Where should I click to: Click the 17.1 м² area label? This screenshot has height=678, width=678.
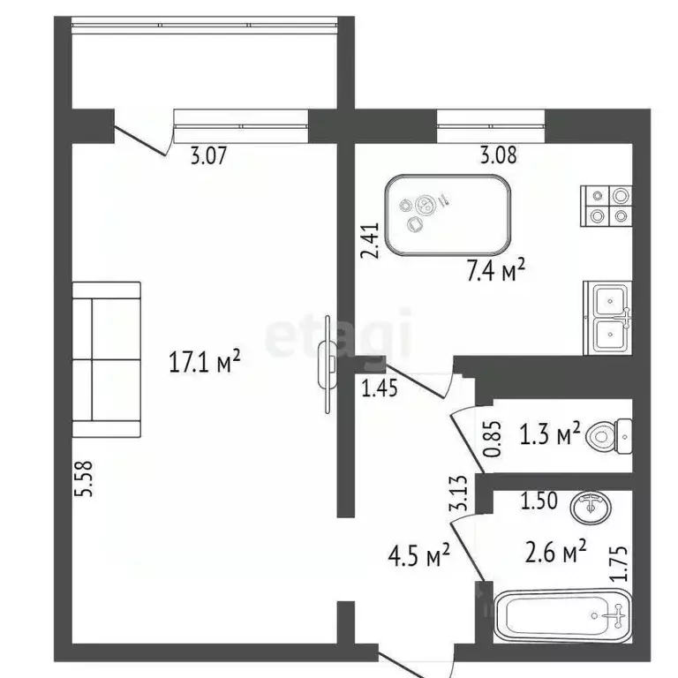[x=204, y=361]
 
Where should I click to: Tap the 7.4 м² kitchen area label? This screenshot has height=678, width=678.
[x=495, y=271]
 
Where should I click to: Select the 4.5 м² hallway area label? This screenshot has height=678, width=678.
[x=419, y=554]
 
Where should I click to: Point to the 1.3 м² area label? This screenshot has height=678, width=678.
[x=550, y=433]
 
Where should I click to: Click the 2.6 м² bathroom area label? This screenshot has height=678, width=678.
[x=555, y=551]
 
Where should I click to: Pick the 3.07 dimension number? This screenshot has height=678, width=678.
[x=208, y=155]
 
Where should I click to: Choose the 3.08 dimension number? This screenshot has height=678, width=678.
[x=499, y=154]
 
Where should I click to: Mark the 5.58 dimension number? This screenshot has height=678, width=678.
[x=84, y=478]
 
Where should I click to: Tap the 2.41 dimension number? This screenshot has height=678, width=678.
[x=370, y=240]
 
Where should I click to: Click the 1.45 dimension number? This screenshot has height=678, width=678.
[x=380, y=388]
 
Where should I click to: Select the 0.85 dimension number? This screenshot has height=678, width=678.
[x=493, y=439]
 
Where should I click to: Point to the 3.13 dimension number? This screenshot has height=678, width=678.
[x=459, y=493]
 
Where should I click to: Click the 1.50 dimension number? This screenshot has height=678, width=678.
[x=539, y=501]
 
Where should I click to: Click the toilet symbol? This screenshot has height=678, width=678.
[x=609, y=436]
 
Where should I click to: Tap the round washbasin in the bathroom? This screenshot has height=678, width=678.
[x=591, y=508]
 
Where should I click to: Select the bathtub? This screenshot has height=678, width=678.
[x=563, y=614]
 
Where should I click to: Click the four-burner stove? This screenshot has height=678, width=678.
[x=606, y=206]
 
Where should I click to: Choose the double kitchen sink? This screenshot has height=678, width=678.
[x=608, y=318]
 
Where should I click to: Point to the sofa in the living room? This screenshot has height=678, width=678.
[x=106, y=359]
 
